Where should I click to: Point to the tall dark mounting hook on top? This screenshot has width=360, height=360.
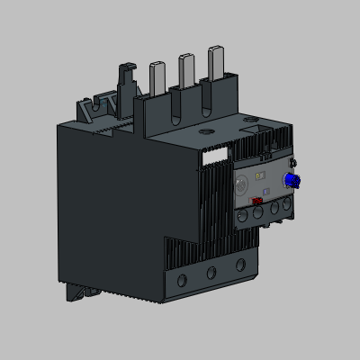pos(123,90)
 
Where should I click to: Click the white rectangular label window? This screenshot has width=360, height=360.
pos(217,155)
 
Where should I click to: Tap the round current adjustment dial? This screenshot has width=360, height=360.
pos(241,184)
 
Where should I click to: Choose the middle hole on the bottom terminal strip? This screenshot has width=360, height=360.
pos(211,271)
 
